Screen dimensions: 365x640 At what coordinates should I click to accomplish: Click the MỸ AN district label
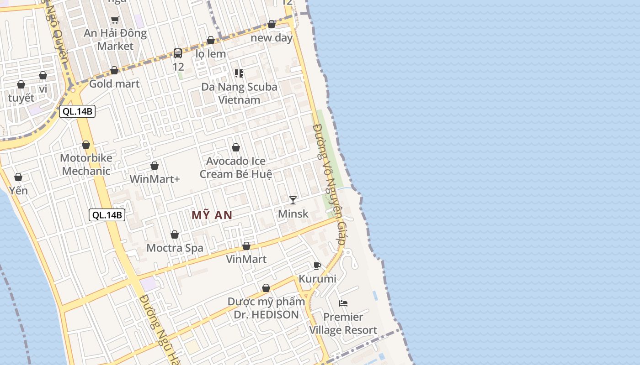point(212,215)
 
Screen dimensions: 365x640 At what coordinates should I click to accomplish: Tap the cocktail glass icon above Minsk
point(293,200)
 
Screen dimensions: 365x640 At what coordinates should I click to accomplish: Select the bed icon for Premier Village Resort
point(343,303)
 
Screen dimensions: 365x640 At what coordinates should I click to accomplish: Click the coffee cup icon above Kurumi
point(317,266)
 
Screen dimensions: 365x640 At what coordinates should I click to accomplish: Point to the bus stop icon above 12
point(178,53)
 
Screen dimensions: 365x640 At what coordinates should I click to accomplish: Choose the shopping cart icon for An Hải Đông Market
point(115,20)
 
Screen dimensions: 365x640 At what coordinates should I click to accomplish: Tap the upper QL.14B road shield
point(77,111)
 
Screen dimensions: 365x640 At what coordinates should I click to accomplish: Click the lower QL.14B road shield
point(107,215)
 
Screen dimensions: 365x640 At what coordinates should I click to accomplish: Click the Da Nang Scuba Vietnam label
point(239,93)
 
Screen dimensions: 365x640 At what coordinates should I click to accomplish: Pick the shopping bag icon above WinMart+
point(155,166)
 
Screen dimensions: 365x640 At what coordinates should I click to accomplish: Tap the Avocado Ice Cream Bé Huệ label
point(236,167)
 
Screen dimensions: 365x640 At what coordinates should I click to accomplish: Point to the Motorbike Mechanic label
point(86,164)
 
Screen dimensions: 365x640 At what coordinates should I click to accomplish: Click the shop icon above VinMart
point(246,246)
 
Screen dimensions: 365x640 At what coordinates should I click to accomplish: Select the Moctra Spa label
point(175,248)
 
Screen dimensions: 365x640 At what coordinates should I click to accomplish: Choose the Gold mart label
point(114,83)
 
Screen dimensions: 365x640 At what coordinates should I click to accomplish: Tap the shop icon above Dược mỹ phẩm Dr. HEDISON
point(266,288)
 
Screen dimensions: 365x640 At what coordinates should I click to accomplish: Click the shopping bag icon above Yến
point(18,177)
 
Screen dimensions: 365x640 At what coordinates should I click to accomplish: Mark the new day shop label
point(272,38)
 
